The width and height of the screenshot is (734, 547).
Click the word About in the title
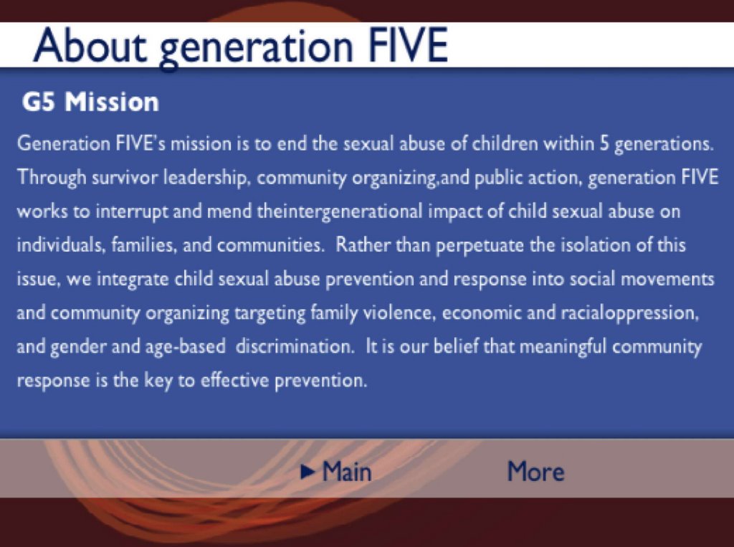(90, 45)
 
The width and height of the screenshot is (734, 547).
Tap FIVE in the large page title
(409, 45)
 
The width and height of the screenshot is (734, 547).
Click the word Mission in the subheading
(112, 102)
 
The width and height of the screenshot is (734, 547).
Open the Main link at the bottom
(347, 471)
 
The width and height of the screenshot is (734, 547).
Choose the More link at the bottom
(536, 471)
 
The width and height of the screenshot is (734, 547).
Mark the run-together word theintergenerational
(339, 212)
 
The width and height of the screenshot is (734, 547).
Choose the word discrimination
(295, 346)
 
